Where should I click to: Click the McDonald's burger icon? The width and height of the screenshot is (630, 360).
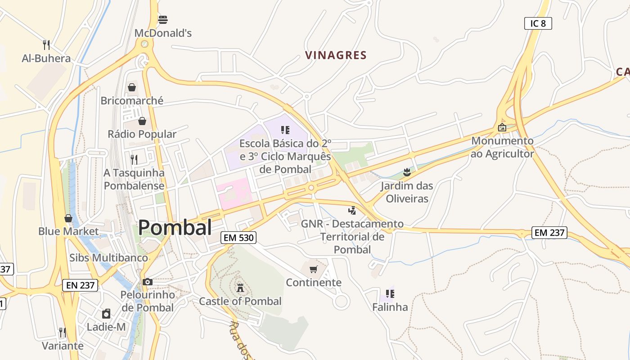pyautogui.click(x=163, y=20)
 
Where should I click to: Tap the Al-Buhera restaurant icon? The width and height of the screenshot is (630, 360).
pyautogui.click(x=46, y=45)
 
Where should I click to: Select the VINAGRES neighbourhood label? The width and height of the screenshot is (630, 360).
pyautogui.click(x=336, y=55)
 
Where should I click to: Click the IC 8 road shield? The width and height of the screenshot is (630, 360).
pyautogui.click(x=538, y=23)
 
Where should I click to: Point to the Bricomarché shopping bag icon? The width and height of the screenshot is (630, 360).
pyautogui.click(x=132, y=87)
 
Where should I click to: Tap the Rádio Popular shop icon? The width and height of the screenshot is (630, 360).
pyautogui.click(x=142, y=121)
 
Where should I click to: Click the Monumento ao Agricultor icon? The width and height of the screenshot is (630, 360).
pyautogui.click(x=502, y=128)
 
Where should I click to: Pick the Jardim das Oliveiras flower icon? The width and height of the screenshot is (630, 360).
pyautogui.click(x=407, y=172)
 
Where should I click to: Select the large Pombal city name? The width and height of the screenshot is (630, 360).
pyautogui.click(x=175, y=228)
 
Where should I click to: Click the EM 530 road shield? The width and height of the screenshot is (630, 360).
pyautogui.click(x=238, y=238)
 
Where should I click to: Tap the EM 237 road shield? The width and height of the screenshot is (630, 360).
pyautogui.click(x=549, y=233)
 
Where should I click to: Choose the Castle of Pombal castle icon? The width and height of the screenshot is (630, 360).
pyautogui.click(x=240, y=288)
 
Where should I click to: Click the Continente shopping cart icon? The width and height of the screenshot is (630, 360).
pyautogui.click(x=314, y=269)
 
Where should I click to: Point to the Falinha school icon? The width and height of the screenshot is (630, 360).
pyautogui.click(x=390, y=294)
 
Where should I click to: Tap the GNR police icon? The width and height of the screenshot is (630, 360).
pyautogui.click(x=352, y=210)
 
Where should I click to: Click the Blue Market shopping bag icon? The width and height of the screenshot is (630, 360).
pyautogui.click(x=68, y=218)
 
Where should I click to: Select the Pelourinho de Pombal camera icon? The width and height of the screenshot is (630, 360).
pyautogui.click(x=147, y=282)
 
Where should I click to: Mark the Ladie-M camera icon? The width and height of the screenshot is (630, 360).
pyautogui.click(x=106, y=314)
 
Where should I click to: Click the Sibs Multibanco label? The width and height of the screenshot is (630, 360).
pyautogui.click(x=108, y=258)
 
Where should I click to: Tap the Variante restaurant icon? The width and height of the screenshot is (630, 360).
pyautogui.click(x=62, y=333)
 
